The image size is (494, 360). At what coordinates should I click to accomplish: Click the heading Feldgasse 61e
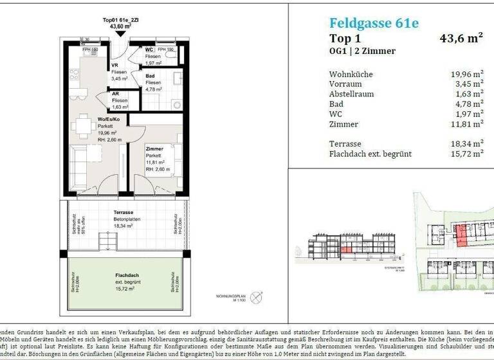(365, 24)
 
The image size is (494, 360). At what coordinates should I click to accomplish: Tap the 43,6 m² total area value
(461, 39)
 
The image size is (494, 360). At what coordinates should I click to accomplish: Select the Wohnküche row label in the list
(351, 74)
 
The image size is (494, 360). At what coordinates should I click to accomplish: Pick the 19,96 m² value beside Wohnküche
(467, 74)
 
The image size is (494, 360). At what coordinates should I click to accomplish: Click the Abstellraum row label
(351, 94)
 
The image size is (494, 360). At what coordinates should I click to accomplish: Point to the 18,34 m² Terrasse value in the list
(467, 144)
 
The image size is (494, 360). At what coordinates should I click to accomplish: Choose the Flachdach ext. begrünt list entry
(370, 154)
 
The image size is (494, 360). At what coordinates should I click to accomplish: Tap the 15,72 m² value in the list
(467, 154)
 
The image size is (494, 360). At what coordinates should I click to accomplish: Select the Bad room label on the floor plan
(149, 76)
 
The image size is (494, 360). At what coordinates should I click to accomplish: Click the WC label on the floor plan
(149, 50)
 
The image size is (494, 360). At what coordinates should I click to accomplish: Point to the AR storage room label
(116, 94)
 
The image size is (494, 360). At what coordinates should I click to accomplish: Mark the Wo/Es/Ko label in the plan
(109, 120)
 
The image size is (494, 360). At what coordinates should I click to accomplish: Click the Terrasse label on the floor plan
(123, 212)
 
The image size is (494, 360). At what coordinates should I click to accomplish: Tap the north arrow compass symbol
(257, 297)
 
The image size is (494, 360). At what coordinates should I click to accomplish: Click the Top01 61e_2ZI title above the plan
(121, 20)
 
